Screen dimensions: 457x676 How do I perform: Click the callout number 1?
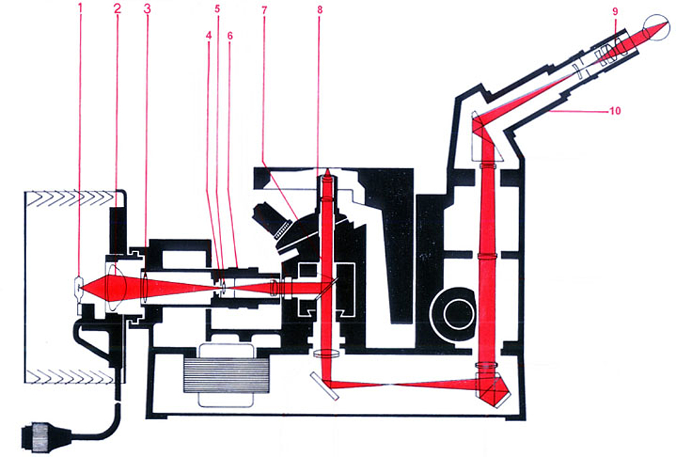pos(80,9)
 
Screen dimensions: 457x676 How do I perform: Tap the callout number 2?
pos(116,9)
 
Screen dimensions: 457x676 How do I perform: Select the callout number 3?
pos(147,9)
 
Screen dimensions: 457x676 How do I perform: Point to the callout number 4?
pos(210,35)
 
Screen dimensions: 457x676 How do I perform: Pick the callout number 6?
pos(230,35)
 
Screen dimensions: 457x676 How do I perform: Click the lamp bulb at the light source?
pos(79,289)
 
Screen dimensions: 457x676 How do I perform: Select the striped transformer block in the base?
pos(227,375)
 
